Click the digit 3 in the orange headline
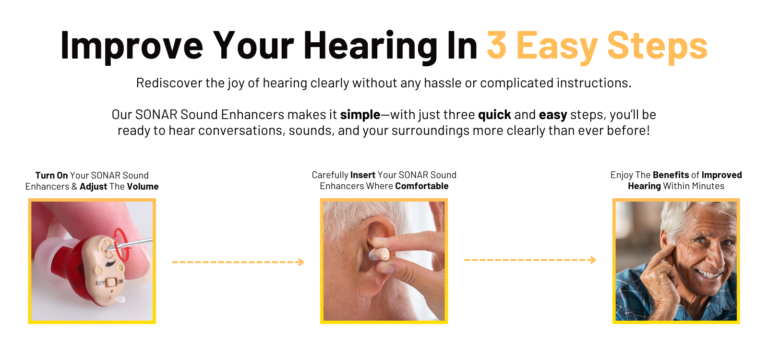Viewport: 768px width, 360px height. [496, 45]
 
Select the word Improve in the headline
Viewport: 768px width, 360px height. [132, 48]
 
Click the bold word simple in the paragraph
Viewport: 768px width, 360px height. [360, 115]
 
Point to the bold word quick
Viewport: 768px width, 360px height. [494, 115]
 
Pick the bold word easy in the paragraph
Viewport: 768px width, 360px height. [552, 115]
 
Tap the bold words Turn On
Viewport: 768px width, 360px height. [51, 175]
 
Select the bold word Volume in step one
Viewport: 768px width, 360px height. [143, 187]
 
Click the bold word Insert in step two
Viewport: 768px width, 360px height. [363, 175]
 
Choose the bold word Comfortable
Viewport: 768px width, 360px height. [422, 186]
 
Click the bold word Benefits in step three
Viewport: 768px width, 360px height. [671, 175]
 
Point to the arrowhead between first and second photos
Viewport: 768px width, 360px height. [300, 262]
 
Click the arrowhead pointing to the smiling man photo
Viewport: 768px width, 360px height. [593, 260]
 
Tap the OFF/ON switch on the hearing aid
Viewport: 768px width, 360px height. [110, 283]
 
